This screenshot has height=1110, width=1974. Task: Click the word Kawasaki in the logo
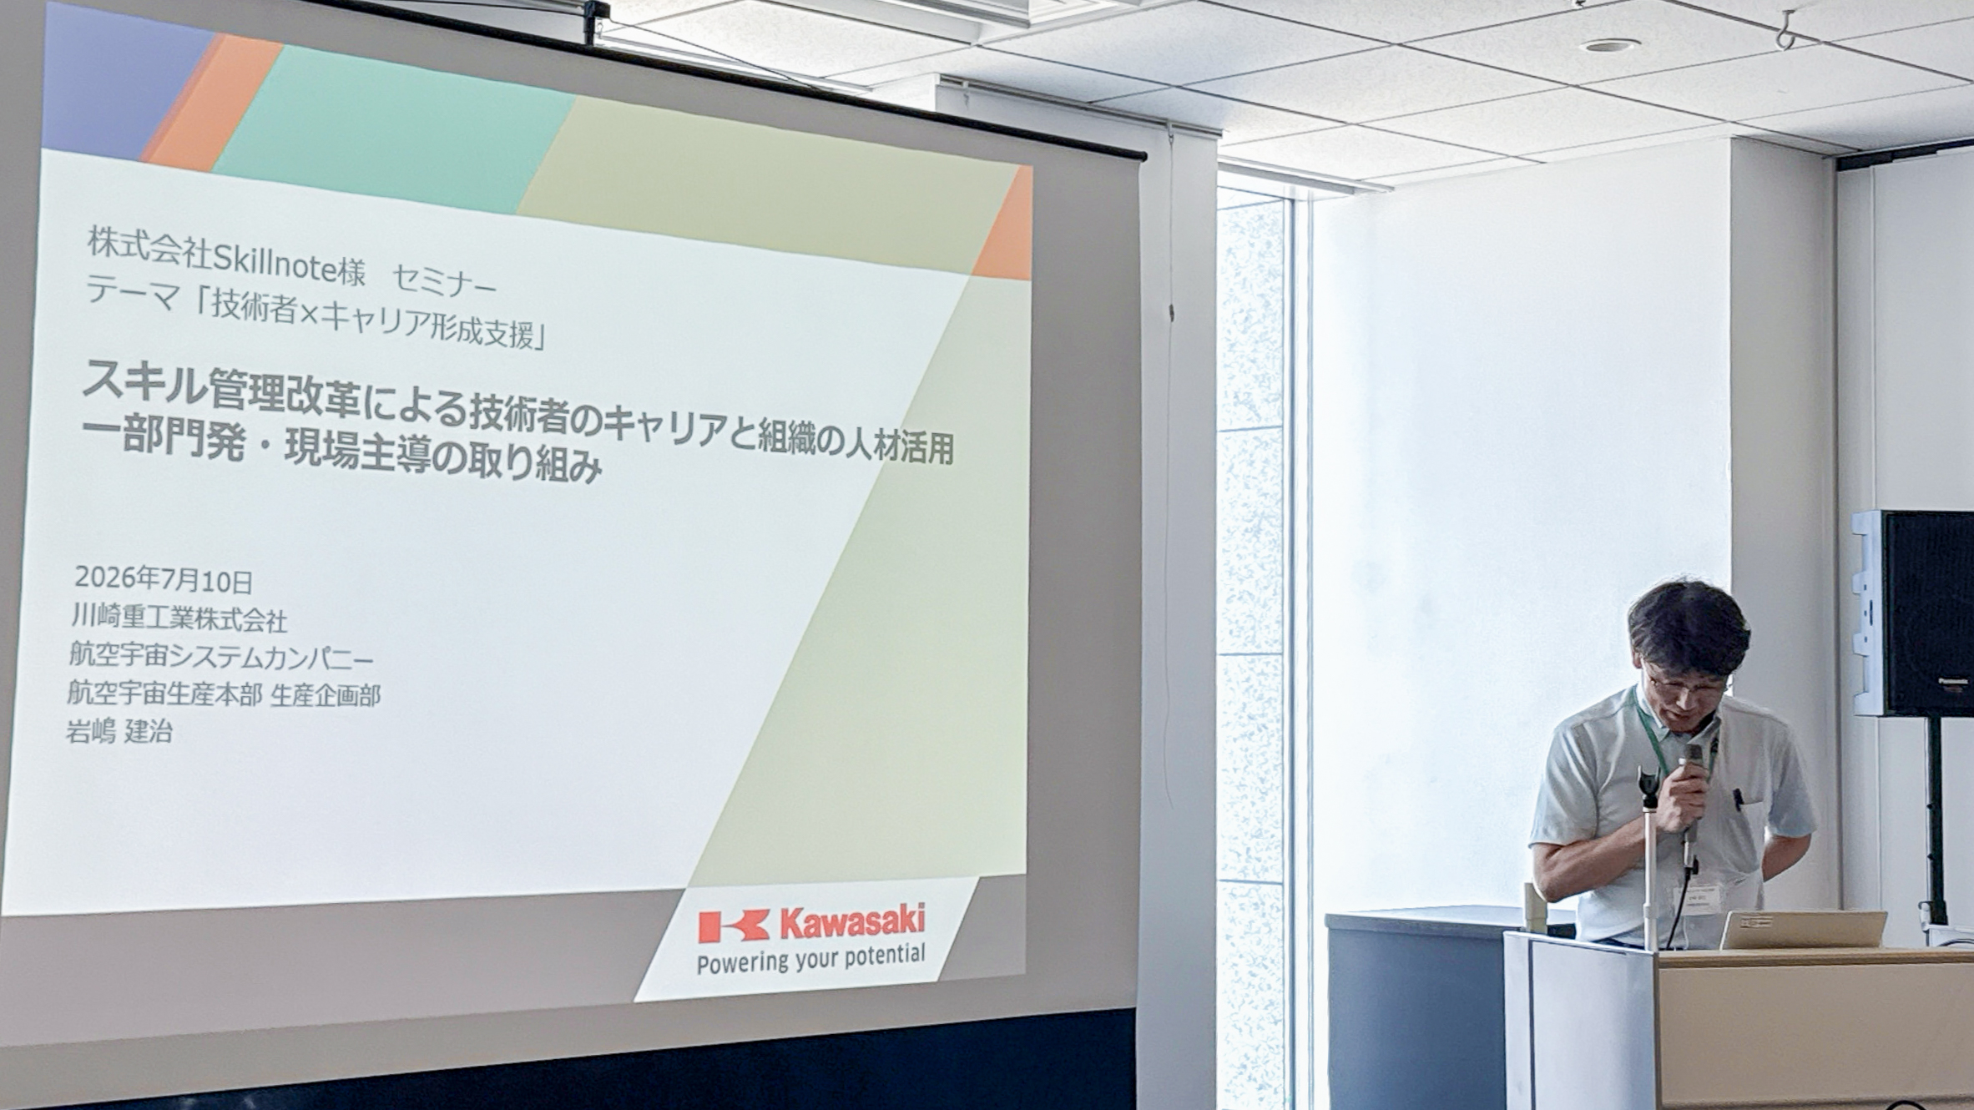852,921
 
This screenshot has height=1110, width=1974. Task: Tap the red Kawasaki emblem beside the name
734,926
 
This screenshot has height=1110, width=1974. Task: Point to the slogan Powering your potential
810,958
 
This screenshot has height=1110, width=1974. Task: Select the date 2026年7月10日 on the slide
164,579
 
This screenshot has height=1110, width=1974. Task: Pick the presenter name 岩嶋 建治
119,732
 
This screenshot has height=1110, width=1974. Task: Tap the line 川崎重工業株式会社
179,618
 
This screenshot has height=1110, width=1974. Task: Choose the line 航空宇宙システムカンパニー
221,657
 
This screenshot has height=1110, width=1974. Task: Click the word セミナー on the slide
444,280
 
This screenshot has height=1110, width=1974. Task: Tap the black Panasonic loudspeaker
1914,613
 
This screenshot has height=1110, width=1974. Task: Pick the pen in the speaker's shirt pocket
1739,800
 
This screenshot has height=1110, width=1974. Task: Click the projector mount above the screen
595,19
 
